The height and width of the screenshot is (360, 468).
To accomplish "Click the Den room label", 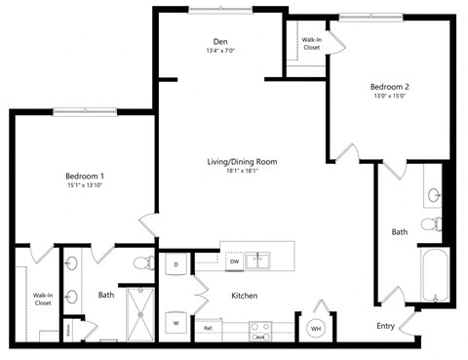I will coord(221,41).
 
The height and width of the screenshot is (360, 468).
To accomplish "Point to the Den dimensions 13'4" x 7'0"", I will coord(221,51).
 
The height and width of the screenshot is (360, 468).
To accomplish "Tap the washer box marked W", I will coord(176,322).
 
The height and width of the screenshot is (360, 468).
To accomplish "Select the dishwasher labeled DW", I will coord(234,261).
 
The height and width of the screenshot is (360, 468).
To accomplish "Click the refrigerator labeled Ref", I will coord(209,329).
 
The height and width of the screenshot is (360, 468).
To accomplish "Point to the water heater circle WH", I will coord(316,329).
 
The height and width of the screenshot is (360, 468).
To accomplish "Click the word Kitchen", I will coord(244,295).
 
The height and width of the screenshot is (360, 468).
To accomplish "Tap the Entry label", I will coord(386,326).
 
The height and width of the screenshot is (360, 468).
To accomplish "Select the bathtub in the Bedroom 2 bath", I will coord(433,275).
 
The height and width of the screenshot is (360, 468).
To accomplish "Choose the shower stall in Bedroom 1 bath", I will coord(143,313).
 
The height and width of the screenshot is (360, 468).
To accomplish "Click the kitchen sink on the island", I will coord(258,260).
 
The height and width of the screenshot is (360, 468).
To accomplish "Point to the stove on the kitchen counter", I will coord(260,331).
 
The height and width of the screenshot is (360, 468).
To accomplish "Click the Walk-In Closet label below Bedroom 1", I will coord(42,300).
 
